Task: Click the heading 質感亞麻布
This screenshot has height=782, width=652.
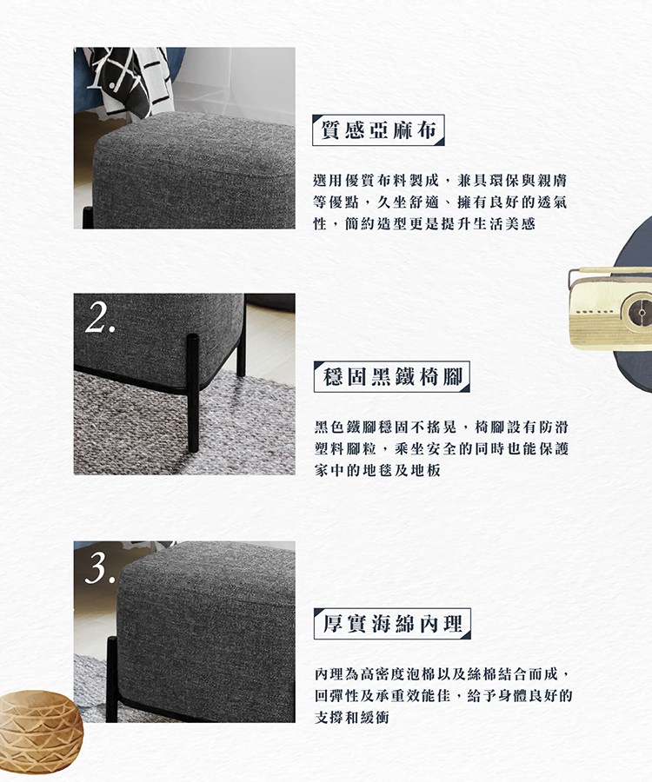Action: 378,131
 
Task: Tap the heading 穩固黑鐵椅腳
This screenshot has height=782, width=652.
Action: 391,377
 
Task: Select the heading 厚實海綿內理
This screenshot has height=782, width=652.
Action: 391,623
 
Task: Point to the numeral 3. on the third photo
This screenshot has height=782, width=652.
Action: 101,567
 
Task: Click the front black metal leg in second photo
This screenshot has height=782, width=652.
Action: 193,391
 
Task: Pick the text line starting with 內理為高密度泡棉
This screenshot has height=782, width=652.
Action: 443,674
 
